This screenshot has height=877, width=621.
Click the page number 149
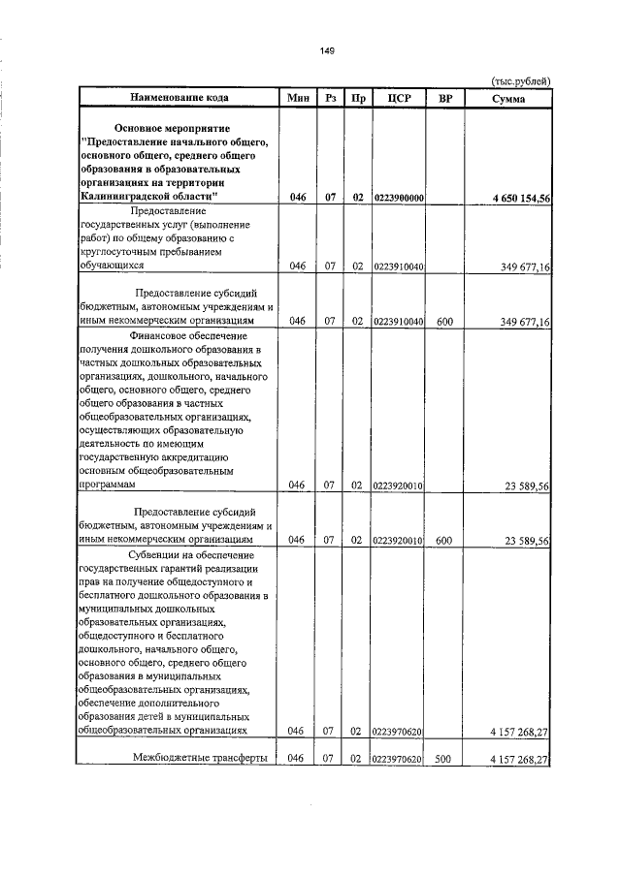(x=312, y=51)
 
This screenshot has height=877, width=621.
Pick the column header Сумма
(x=508, y=98)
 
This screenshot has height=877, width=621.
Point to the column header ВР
(x=445, y=98)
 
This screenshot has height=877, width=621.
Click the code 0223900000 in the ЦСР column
(x=397, y=198)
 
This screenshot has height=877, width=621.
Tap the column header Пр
(x=357, y=98)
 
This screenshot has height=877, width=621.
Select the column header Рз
(x=330, y=98)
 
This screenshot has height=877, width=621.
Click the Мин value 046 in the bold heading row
(x=297, y=198)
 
